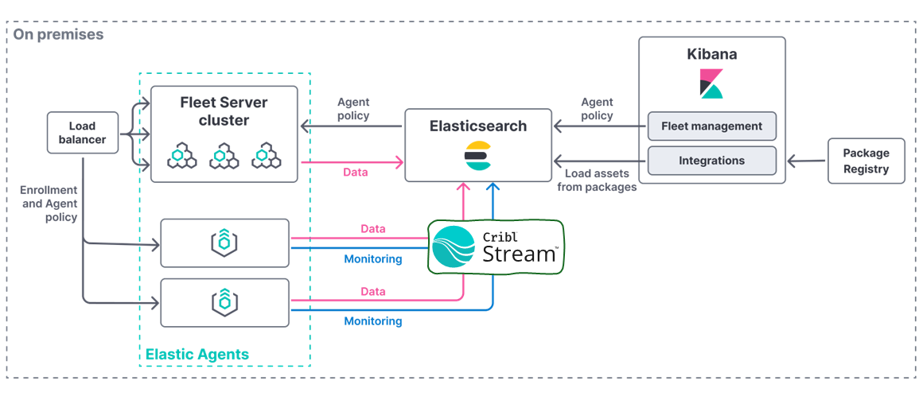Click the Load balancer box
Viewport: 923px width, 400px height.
pyautogui.click(x=82, y=133)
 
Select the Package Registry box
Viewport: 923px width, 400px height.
pyautogui.click(x=866, y=161)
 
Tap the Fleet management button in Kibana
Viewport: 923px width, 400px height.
pyautogui.click(x=711, y=126)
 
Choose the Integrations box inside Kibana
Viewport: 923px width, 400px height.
pyautogui.click(x=711, y=161)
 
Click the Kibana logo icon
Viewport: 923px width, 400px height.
pyautogui.click(x=711, y=83)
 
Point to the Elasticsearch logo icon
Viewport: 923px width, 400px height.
pyautogui.click(x=477, y=156)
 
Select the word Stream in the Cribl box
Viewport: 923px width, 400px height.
pyautogui.click(x=520, y=254)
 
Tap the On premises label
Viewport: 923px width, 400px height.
pyautogui.click(x=58, y=35)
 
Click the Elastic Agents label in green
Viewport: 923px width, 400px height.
pyautogui.click(x=197, y=355)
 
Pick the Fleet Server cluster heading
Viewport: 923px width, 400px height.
pyautogui.click(x=224, y=111)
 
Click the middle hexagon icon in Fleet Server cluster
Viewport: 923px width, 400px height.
pyautogui.click(x=224, y=157)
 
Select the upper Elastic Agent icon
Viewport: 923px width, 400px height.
pyautogui.click(x=224, y=243)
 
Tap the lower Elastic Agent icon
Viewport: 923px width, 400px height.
pyautogui.click(x=224, y=302)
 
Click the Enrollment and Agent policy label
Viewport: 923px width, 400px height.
pyautogui.click(x=49, y=204)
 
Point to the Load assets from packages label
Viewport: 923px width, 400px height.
pyautogui.click(x=596, y=181)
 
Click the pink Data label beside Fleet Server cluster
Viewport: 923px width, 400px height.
pyautogui.click(x=355, y=172)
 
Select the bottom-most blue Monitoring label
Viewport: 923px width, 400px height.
pyautogui.click(x=372, y=321)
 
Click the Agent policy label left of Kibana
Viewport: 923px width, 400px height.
pyautogui.click(x=597, y=109)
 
